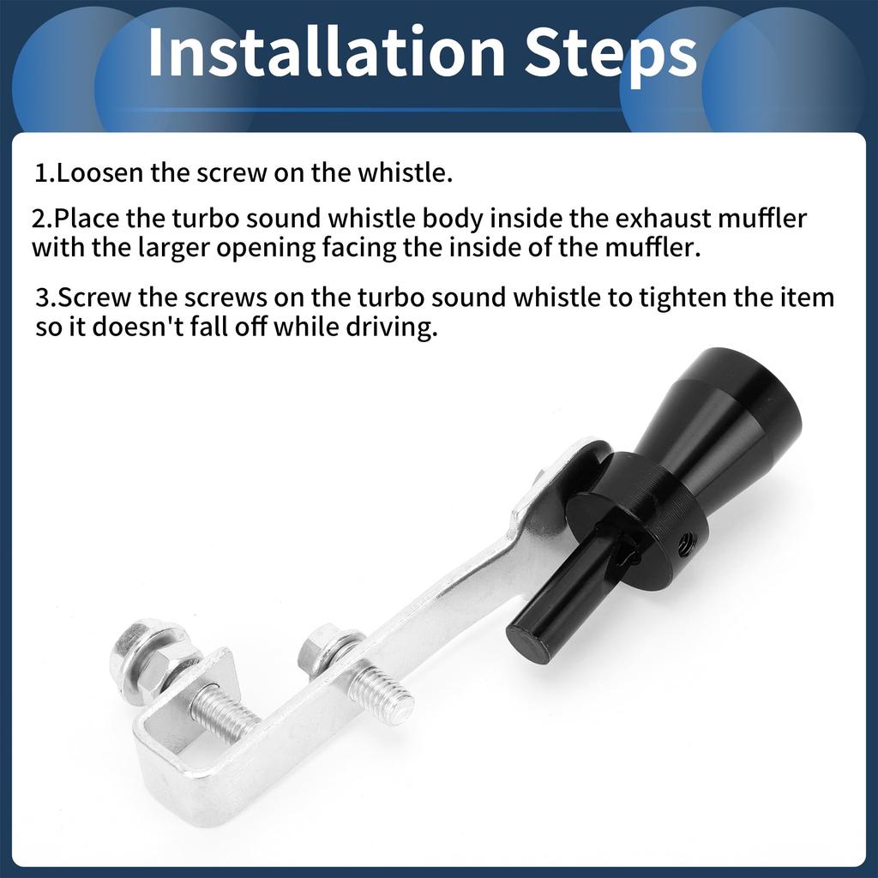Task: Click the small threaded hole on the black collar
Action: [x=686, y=540]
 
